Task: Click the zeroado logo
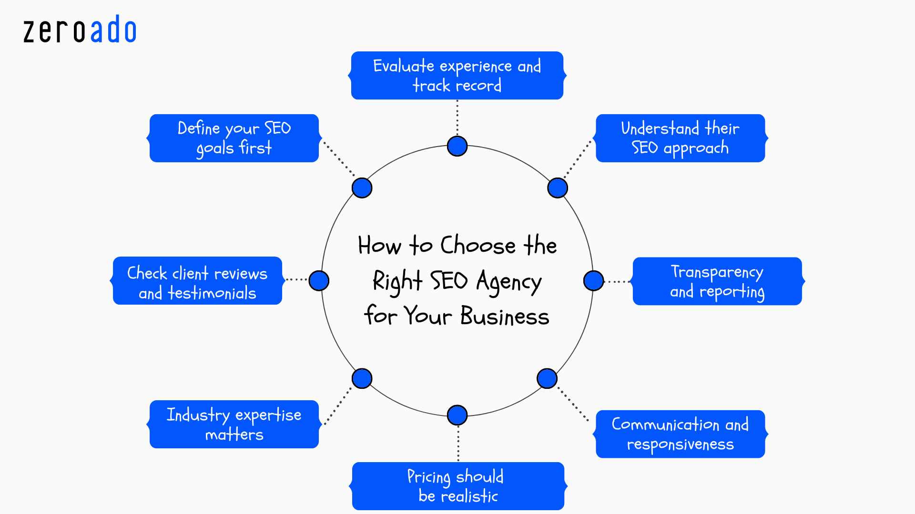[x=80, y=30]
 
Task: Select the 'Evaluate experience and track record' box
[x=457, y=76]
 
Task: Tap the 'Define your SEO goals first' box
[x=234, y=138]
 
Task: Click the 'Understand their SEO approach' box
[x=680, y=138]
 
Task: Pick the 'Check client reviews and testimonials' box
[x=197, y=281]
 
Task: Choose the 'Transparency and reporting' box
[x=717, y=281]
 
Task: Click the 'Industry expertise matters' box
[x=234, y=424]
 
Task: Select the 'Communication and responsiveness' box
[x=680, y=434]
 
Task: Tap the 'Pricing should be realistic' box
[x=457, y=486]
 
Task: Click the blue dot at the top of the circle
[x=457, y=146]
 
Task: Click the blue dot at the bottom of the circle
[x=457, y=415]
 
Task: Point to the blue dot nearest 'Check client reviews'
[x=319, y=280]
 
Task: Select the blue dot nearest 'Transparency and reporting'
[x=593, y=281]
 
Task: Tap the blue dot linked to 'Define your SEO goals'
[x=362, y=188]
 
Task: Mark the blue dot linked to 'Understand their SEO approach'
[x=557, y=188]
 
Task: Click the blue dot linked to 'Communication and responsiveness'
[x=547, y=378]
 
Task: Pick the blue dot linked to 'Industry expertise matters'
[x=362, y=378]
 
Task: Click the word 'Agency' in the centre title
[x=508, y=282]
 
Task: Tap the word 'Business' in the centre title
[x=505, y=316]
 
